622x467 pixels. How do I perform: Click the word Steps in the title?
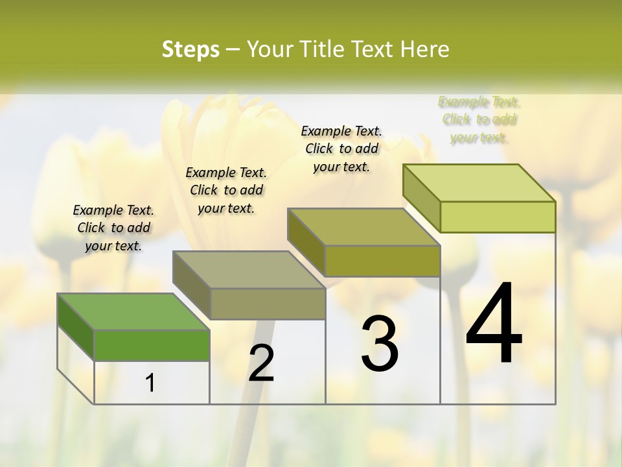coord(190,49)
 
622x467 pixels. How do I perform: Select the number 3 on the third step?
coord(380,344)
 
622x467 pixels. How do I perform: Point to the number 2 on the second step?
coord(261,363)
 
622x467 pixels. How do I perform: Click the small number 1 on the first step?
coord(150,383)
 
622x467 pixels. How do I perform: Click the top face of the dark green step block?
coord(133,311)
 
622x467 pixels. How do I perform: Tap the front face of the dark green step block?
coord(152,345)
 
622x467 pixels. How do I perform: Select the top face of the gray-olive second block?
coord(248,269)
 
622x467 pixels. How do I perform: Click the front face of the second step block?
coord(268,304)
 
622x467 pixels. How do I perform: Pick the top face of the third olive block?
coord(363,227)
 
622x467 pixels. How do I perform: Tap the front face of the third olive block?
coord(382,261)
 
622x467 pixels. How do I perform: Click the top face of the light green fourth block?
coord(478,182)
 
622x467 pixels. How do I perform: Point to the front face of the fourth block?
coord(498,217)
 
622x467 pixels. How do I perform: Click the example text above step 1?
coord(113,228)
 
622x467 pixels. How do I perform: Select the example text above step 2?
coord(226,190)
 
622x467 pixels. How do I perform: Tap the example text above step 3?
coord(341,149)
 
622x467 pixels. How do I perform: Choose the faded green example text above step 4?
coord(479,119)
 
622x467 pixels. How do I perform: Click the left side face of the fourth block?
coord(421,198)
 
